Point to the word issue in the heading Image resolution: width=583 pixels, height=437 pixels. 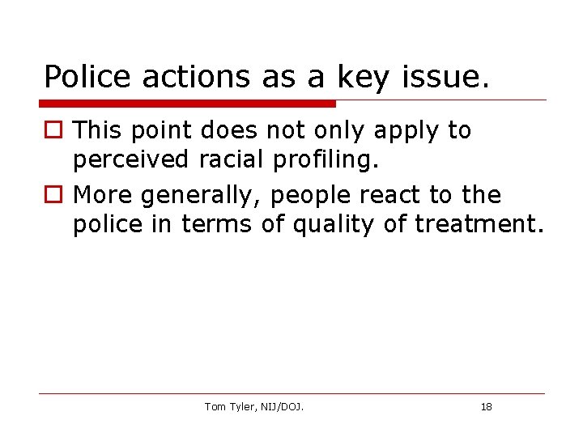(445, 76)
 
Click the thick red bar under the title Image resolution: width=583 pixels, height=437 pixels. (188, 104)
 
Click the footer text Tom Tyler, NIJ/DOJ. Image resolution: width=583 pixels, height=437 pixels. (254, 407)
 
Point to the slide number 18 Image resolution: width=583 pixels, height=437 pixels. (486, 407)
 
